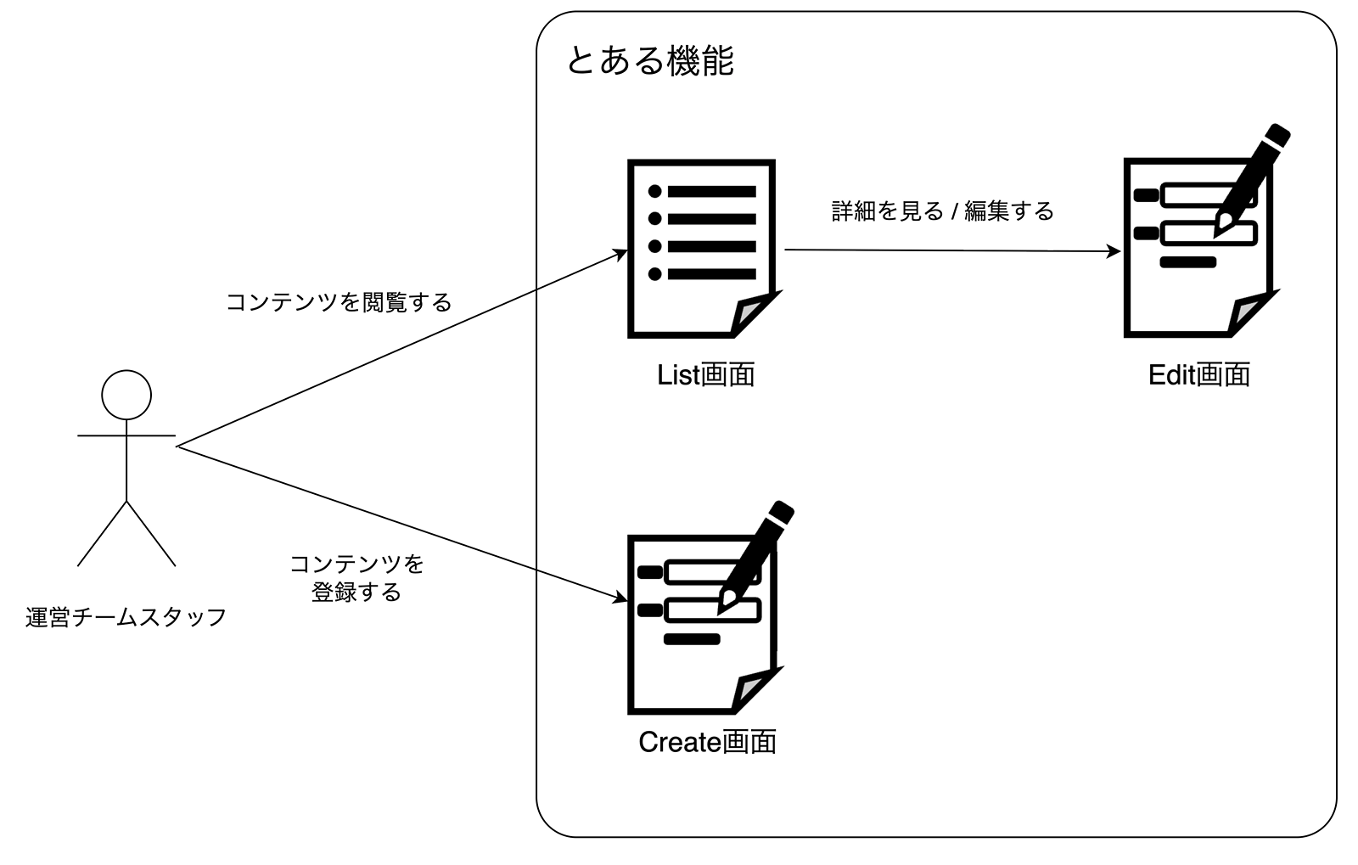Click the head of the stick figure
[126, 395]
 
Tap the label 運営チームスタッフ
[126, 617]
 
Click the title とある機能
[649, 61]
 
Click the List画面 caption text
[706, 374]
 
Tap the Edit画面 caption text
[1198, 374]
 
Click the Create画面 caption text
[707, 742]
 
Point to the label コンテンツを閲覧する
[339, 302]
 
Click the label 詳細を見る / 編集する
[942, 211]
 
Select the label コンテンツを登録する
[356, 577]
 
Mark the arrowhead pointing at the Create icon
[621, 599]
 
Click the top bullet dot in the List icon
[654, 191]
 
